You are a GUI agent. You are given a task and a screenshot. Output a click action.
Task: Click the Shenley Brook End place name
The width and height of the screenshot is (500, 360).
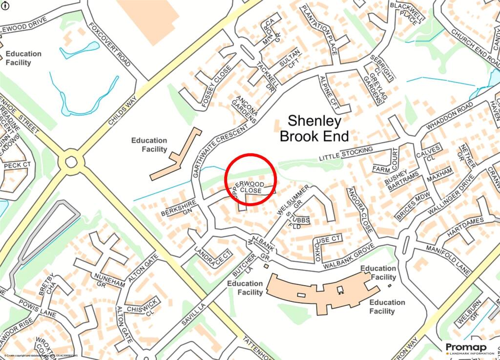[x=314, y=128]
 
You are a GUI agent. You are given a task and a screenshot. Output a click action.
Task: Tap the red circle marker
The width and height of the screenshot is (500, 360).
[x=251, y=179]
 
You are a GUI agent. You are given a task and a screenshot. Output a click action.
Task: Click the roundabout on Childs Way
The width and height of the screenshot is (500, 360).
[x=71, y=162]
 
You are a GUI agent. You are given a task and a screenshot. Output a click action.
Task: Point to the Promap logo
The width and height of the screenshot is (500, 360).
[x=469, y=348]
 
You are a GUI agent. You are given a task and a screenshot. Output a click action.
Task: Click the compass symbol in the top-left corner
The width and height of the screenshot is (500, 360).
[x=4, y=5]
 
